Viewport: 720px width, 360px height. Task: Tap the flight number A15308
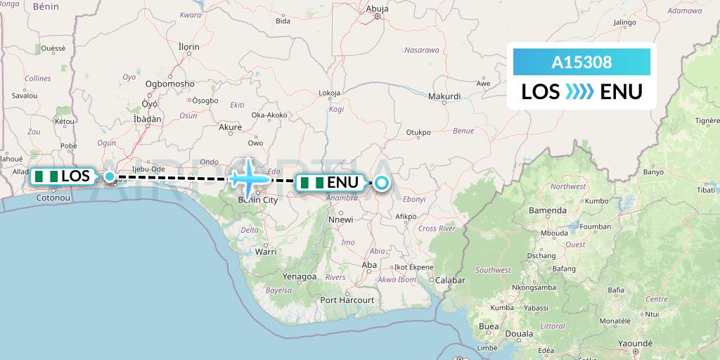tap(581, 62)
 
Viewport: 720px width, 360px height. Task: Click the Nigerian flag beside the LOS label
tap(47, 176)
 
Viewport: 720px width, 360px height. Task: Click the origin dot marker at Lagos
tap(110, 176)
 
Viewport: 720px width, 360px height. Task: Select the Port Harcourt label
tap(347, 300)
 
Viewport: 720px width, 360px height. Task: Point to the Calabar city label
tap(451, 280)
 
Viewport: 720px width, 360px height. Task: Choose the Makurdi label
tap(444, 96)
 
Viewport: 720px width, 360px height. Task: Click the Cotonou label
tap(53, 199)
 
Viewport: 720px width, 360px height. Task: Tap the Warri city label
tap(265, 250)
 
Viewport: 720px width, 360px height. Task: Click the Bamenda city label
tap(548, 210)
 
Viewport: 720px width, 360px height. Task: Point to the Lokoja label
tap(329, 93)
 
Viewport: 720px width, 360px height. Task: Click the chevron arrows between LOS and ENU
tap(580, 91)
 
